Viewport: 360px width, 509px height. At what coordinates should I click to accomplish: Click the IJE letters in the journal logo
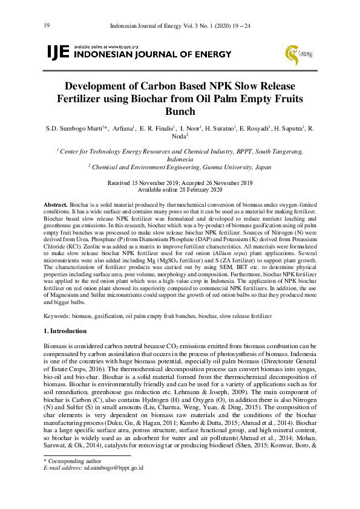(58, 53)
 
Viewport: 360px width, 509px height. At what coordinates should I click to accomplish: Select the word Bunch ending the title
(180, 111)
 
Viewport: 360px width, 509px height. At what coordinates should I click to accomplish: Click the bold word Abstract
(56, 206)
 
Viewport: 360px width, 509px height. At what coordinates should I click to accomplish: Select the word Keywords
(59, 316)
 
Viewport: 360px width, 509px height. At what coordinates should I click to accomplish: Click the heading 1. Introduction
(65, 331)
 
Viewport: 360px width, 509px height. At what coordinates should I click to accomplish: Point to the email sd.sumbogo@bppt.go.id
(113, 467)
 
